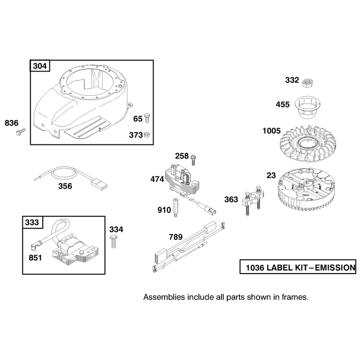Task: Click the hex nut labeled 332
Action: [x=308, y=83]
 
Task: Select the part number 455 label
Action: [x=283, y=104]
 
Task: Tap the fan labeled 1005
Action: [x=308, y=144]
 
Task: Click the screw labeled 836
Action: [x=21, y=132]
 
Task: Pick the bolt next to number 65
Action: [x=147, y=118]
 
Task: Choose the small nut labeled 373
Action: [x=147, y=135]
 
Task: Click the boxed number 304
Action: [x=40, y=66]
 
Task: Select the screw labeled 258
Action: [x=193, y=160]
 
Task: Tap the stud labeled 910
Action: [x=175, y=207]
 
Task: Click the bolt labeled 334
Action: [x=113, y=241]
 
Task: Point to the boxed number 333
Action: [x=32, y=222]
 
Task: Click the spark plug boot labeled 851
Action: [x=36, y=246]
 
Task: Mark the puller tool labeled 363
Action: [x=253, y=199]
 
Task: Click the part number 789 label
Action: [x=175, y=237]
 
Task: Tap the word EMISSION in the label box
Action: [x=335, y=268]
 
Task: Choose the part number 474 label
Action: [x=157, y=179]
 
